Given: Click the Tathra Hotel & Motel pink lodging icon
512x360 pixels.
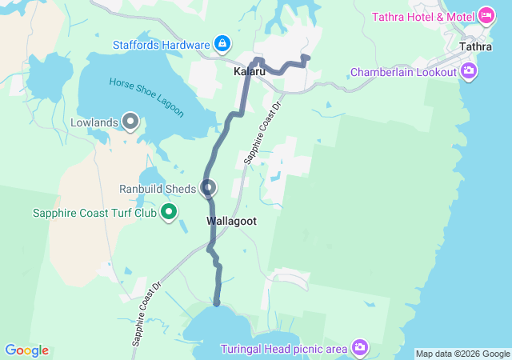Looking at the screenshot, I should tap(486, 15).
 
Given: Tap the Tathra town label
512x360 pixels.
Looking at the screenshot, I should tap(476, 46).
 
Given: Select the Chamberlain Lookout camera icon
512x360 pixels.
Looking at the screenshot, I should tap(469, 72).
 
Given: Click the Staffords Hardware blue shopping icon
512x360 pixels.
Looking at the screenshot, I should tap(223, 44).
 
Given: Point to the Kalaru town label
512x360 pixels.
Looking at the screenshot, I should tap(250, 72).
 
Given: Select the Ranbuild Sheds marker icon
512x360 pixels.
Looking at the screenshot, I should tap(209, 189).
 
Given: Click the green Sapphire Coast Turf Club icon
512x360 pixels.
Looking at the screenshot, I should tap(169, 213).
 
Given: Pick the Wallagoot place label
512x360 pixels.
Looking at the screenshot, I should tap(231, 221).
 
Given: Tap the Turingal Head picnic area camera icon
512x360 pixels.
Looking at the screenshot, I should tap(360, 347).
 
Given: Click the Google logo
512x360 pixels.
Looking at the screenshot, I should tap(26, 350).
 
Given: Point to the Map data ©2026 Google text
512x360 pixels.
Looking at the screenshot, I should tap(462, 354).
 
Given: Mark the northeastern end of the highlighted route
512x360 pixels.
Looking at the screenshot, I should tap(307, 57).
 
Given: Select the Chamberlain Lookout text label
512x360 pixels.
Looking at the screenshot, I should tap(403, 72).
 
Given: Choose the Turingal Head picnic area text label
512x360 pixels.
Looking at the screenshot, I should tap(284, 348).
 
